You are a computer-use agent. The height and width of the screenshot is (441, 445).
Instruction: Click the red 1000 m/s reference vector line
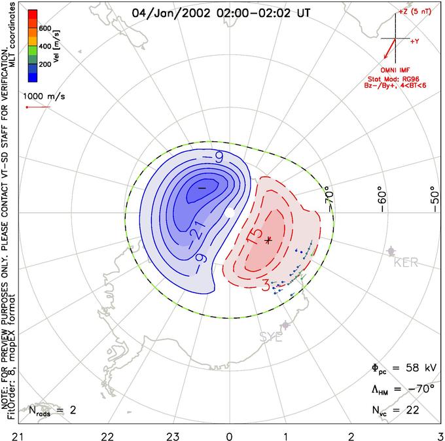[37, 107]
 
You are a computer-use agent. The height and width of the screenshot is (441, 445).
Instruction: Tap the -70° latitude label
[330, 196]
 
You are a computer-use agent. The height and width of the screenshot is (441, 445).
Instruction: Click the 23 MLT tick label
[172, 434]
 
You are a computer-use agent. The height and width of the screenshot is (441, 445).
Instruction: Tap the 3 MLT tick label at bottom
[440, 434]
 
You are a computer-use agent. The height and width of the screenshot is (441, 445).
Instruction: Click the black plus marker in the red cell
[268, 240]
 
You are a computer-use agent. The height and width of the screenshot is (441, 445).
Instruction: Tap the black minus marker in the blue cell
[202, 188]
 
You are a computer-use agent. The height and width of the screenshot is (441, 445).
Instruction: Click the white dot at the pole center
[229, 213]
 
